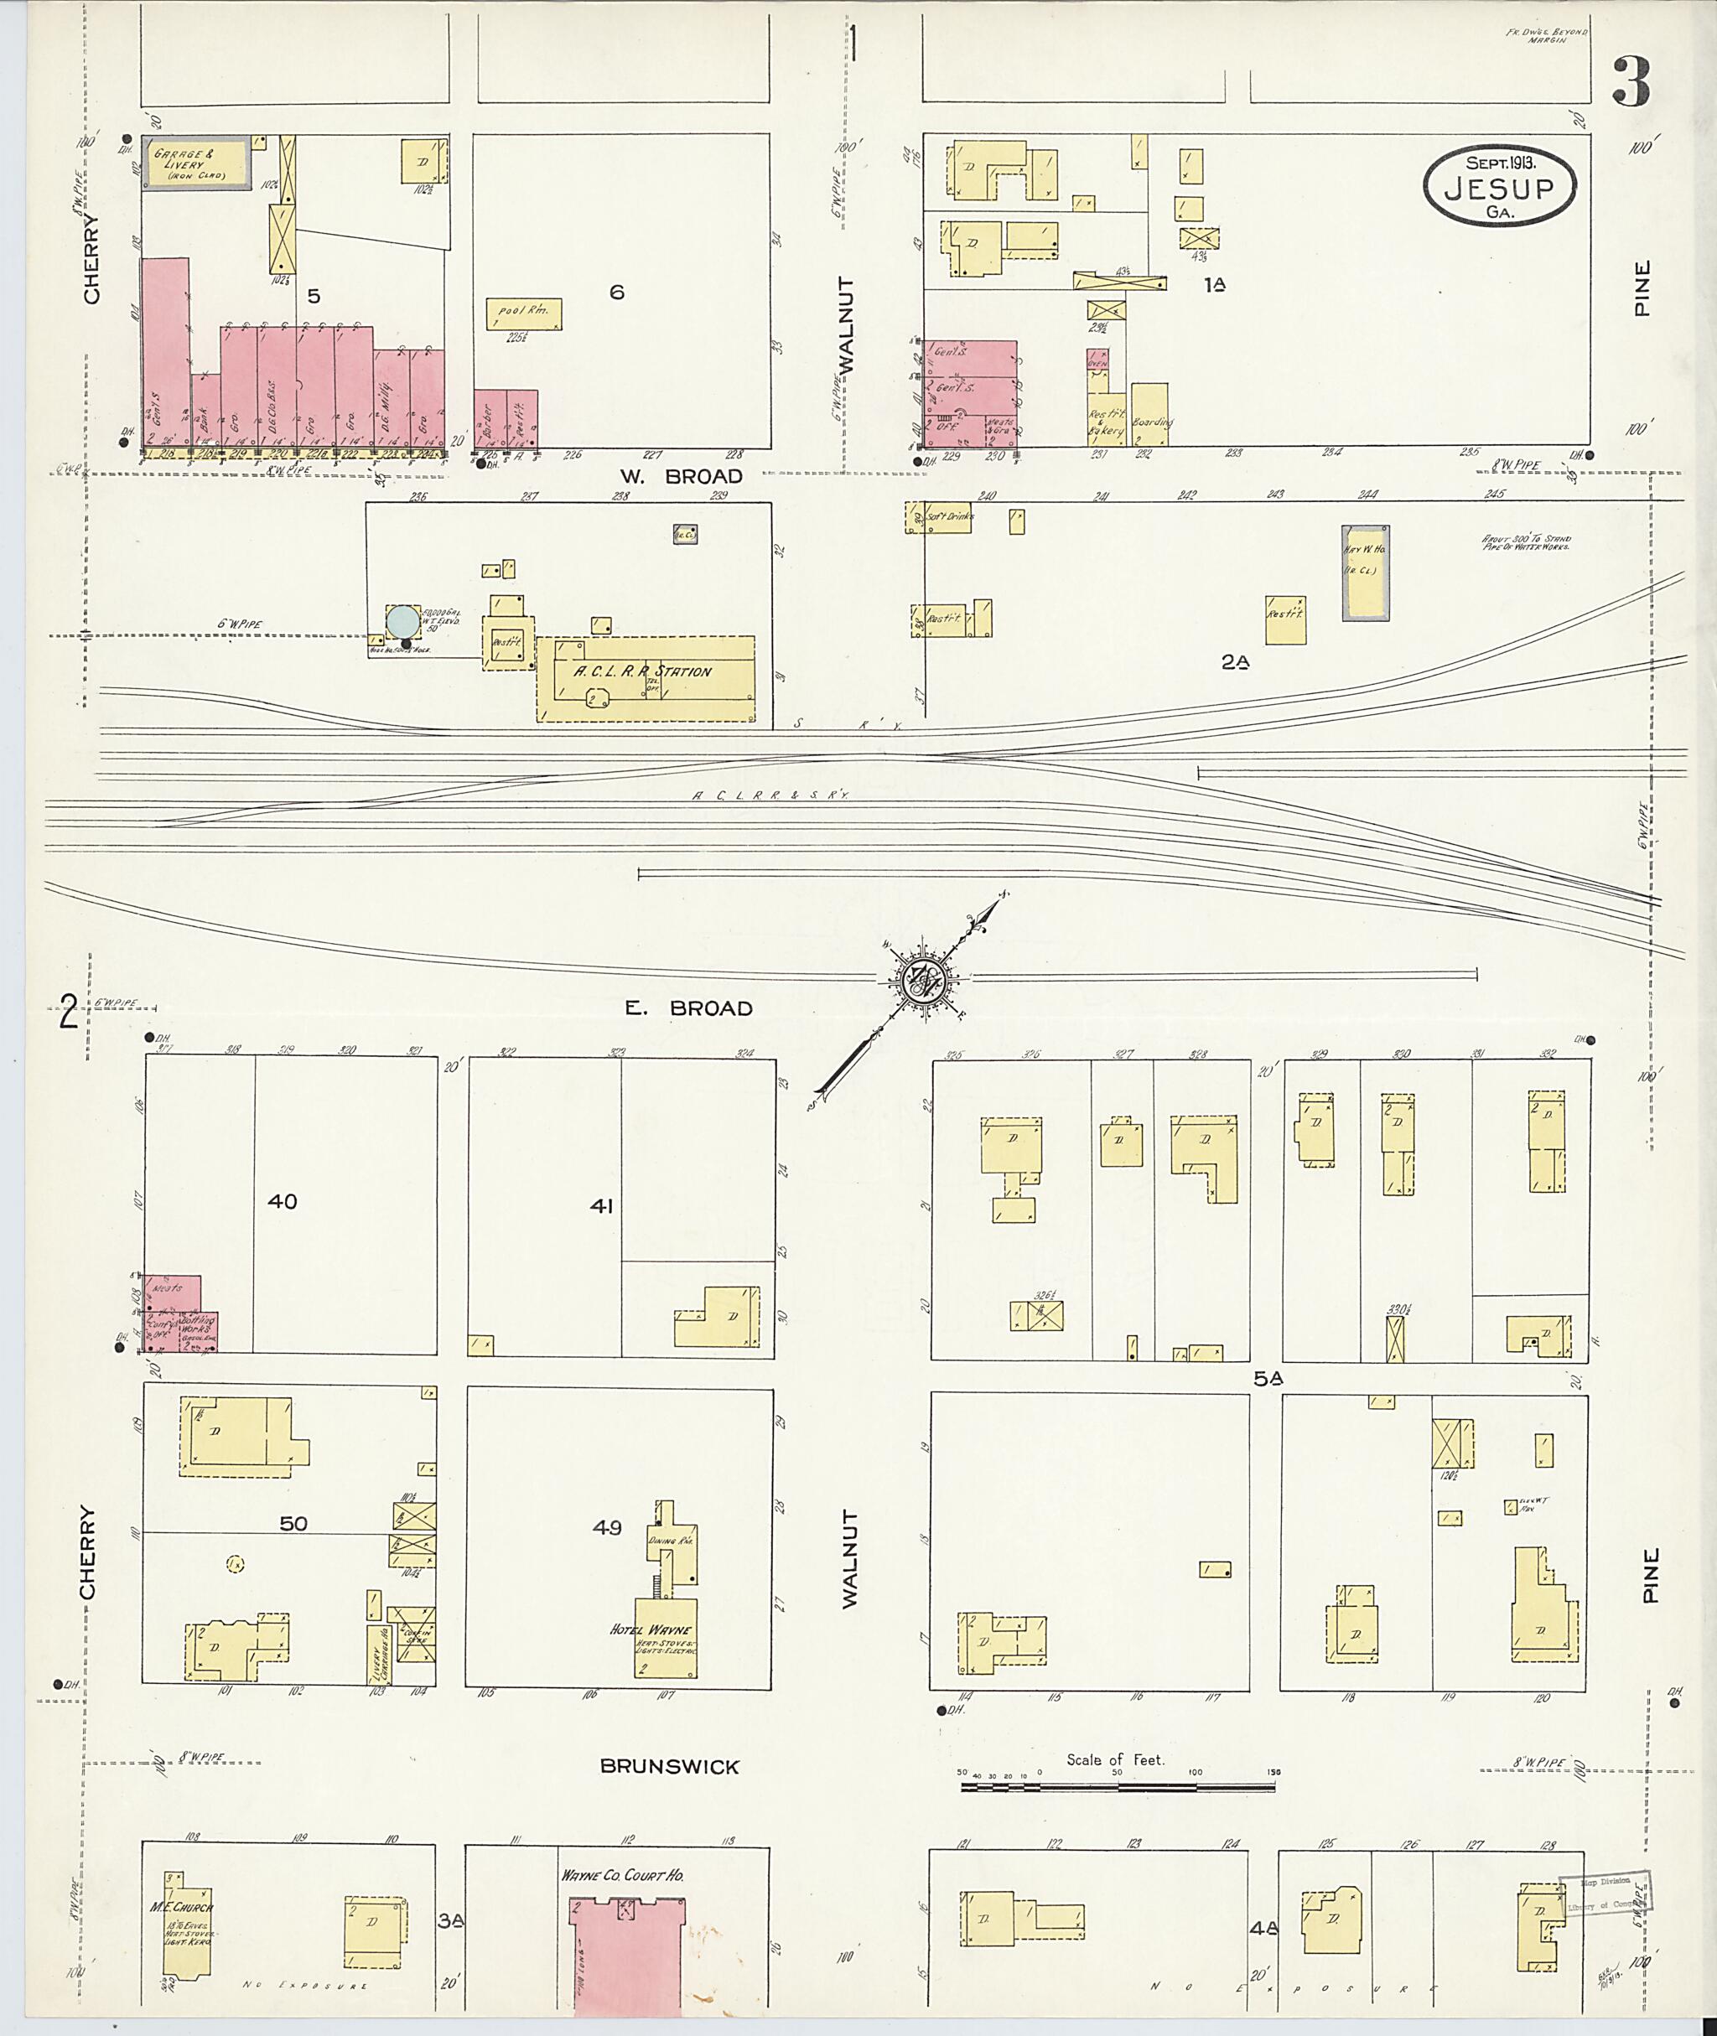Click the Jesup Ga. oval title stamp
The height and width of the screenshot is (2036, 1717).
(1499, 188)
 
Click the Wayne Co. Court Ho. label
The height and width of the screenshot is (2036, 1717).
(622, 1875)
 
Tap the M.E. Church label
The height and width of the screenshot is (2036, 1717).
(181, 1908)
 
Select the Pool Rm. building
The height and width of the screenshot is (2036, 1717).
(524, 313)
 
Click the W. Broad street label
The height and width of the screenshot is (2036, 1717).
(682, 476)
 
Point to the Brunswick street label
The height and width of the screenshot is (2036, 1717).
(670, 1766)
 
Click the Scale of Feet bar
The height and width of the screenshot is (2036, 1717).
(1118, 1787)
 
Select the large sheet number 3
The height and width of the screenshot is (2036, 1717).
(1631, 82)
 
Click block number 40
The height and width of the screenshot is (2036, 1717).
(283, 1202)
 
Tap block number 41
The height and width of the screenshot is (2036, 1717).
(601, 1206)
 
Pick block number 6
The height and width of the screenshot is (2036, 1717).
(616, 292)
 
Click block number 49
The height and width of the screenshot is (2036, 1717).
(607, 1527)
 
